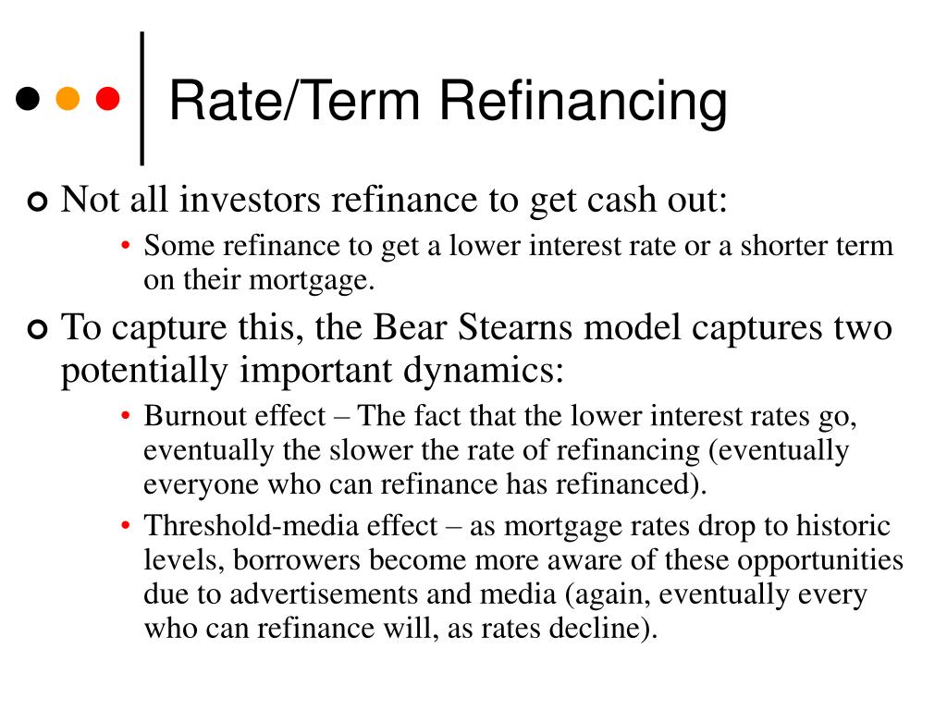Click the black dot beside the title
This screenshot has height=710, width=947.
point(30,97)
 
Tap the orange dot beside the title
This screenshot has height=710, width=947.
point(68,97)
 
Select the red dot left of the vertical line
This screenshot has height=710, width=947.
point(108,97)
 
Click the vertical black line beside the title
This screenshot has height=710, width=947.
point(142,97)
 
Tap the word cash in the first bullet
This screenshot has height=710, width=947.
point(593,199)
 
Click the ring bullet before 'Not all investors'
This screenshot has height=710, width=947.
point(36,201)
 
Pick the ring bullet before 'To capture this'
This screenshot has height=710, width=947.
point(36,329)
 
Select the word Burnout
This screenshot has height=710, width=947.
point(190,416)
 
